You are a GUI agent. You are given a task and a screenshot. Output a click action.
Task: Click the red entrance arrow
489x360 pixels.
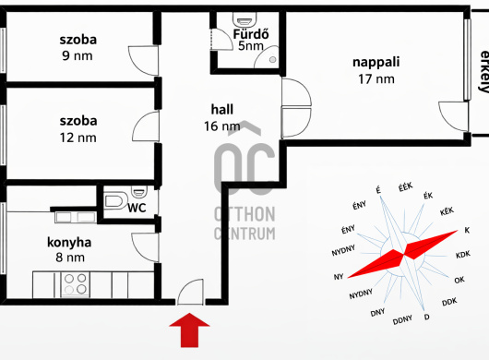point(189,330)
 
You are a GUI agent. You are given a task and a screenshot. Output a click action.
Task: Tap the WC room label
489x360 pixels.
point(137,208)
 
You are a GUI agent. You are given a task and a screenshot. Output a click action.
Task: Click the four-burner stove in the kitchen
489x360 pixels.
point(75,284)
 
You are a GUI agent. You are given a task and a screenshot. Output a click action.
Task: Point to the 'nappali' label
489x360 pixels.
point(376,62)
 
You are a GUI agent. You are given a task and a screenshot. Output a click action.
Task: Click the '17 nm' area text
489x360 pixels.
point(376,79)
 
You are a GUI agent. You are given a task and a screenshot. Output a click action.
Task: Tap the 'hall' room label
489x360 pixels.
point(222,110)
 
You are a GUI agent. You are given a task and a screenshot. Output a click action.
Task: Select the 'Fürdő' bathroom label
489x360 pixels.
point(251,33)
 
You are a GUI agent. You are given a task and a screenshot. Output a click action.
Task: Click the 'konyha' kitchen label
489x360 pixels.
point(69,242)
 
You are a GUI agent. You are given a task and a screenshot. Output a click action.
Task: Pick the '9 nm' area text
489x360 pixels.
point(78,55)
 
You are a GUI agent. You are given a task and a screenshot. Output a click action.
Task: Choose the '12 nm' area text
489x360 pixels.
point(78,138)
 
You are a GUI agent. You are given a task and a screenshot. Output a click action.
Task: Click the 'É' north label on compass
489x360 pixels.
point(378,190)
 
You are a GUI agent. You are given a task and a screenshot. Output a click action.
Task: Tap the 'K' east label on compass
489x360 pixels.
point(467,230)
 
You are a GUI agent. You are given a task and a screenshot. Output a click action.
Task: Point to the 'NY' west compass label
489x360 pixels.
point(339,277)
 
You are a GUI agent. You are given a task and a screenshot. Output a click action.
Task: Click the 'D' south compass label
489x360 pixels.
point(426,318)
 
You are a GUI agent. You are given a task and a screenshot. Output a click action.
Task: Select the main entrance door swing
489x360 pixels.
point(190,292)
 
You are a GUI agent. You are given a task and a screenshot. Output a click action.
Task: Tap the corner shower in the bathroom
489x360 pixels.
point(266,57)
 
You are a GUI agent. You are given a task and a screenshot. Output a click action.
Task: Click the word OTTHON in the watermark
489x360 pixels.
point(244,214)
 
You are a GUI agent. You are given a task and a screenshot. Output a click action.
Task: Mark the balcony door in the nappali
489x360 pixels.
point(454,116)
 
